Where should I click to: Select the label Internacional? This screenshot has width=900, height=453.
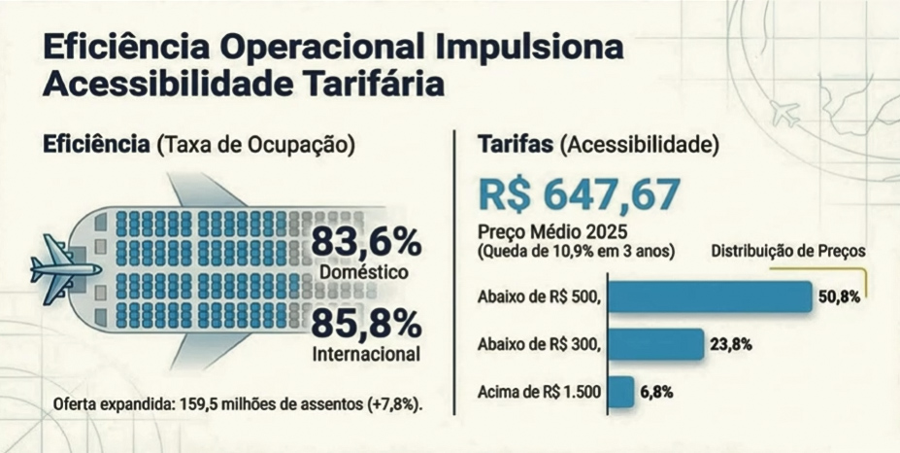366,354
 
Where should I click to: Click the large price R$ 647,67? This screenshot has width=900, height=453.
579,195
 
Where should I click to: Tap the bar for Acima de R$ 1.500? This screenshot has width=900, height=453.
623,392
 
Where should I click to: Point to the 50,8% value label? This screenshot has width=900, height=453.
839,297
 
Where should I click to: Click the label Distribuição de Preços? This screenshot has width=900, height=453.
788,251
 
